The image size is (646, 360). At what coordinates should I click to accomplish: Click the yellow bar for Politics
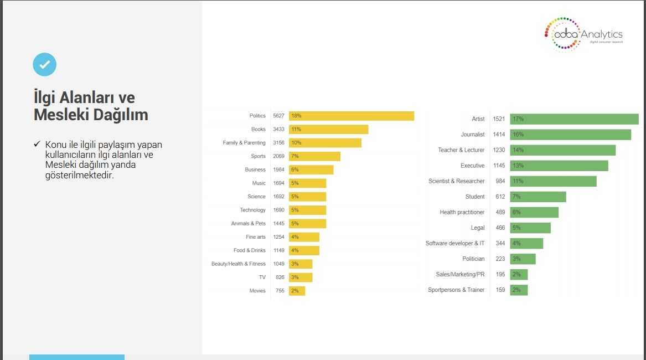click(x=351, y=116)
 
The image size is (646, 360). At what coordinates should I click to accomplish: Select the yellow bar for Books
click(x=328, y=129)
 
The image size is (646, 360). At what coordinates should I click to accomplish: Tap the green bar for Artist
click(x=574, y=119)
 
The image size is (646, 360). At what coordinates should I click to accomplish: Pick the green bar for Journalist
click(x=570, y=135)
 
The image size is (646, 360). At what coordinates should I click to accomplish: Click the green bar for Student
click(x=538, y=197)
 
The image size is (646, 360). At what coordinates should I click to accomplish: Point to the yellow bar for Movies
click(x=297, y=291)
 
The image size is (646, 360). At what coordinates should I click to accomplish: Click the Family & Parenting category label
click(x=244, y=143)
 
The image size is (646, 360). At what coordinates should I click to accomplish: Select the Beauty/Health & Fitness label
click(x=239, y=264)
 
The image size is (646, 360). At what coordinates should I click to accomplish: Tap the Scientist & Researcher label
click(x=457, y=181)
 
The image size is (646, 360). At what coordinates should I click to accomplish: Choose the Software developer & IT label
click(x=455, y=243)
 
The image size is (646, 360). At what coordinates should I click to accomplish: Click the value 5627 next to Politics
click(x=278, y=116)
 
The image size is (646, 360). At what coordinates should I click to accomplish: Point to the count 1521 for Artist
click(x=499, y=119)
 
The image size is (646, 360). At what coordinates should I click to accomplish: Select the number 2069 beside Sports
click(x=278, y=156)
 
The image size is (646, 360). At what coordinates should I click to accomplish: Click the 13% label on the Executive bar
click(x=518, y=166)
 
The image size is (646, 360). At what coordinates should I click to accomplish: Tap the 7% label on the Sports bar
click(x=294, y=156)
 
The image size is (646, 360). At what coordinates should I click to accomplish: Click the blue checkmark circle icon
click(x=45, y=65)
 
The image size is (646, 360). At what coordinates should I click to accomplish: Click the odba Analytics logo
click(x=583, y=34)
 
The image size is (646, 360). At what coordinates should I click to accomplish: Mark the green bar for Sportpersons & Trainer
click(x=519, y=290)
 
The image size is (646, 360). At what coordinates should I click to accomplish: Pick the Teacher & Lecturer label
click(x=461, y=150)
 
